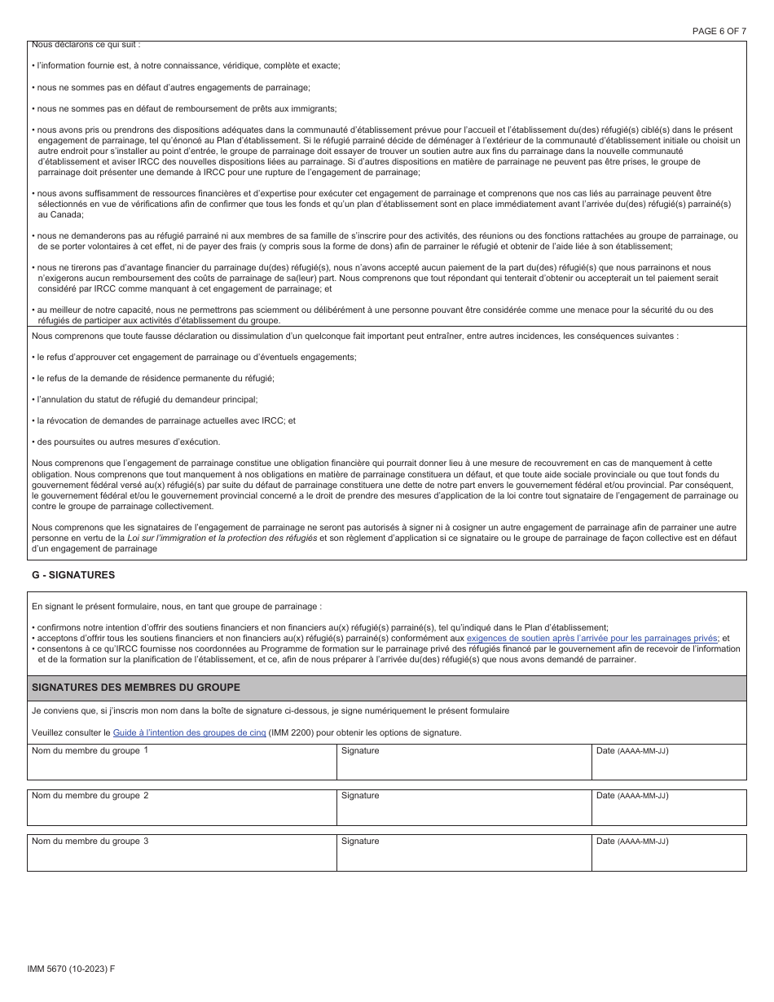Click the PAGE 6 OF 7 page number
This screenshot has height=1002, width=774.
click(x=719, y=31)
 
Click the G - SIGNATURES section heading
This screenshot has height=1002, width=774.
click(x=73, y=574)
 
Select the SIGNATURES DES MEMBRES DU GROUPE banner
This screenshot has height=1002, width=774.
click(x=386, y=688)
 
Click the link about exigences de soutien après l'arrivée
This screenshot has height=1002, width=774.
click(x=592, y=639)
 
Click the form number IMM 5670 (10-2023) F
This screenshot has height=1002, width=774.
click(x=71, y=968)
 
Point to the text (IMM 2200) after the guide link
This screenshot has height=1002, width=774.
click(x=291, y=732)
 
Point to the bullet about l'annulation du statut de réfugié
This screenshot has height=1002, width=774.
click(x=145, y=399)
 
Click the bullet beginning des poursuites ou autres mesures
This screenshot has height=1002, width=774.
click(x=126, y=442)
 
